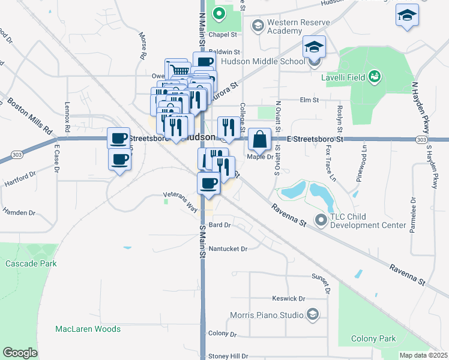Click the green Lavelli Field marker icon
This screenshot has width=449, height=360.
[375, 76]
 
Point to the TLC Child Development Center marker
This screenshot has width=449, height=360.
[321, 220]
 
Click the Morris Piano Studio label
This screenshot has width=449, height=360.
[268, 314]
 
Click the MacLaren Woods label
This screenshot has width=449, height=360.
[88, 329]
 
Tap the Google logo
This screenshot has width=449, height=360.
[20, 353]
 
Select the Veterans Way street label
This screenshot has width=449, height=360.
[181, 201]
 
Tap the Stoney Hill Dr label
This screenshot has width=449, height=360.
[228, 356]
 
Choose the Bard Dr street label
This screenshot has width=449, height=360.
[219, 225]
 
